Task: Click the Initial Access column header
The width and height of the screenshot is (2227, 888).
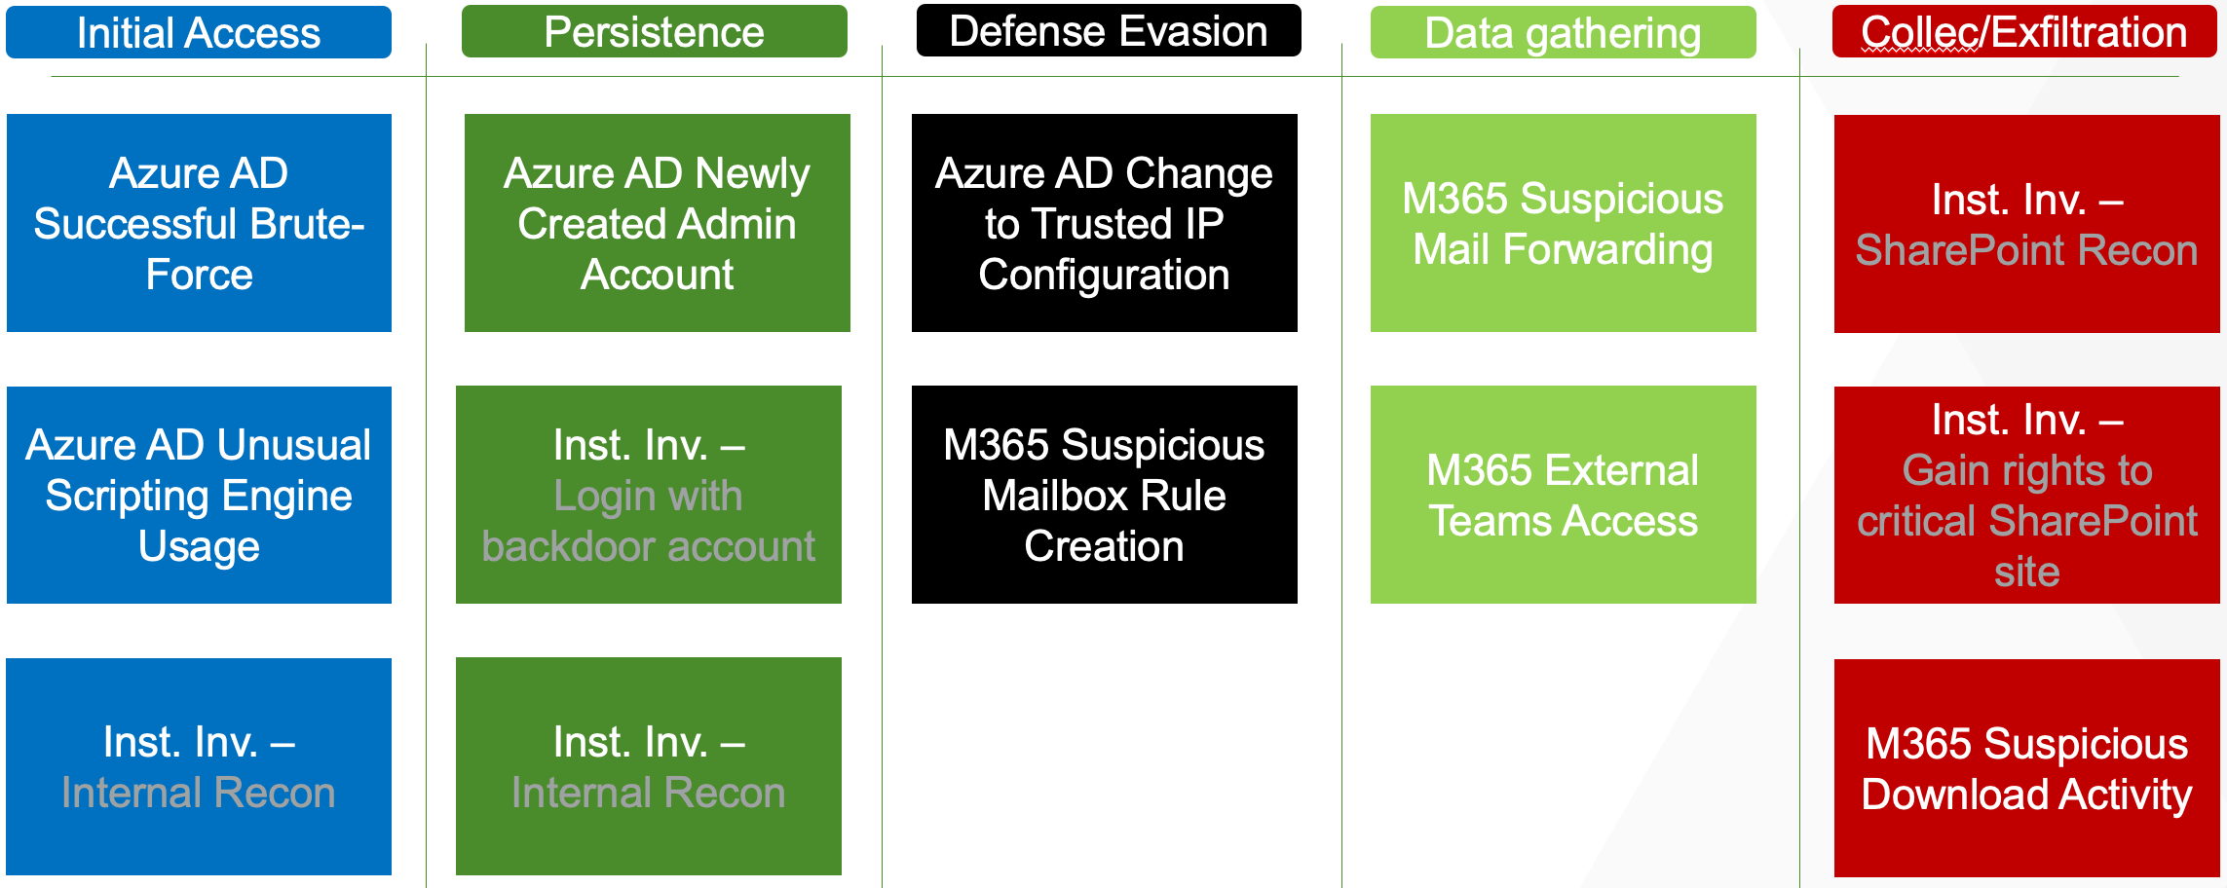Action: (199, 32)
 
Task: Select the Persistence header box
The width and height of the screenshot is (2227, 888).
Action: (654, 31)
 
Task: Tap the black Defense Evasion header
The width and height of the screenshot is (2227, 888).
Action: (1108, 30)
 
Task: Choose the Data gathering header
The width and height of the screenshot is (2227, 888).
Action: (1563, 32)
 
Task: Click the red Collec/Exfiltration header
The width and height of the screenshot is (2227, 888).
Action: (2023, 31)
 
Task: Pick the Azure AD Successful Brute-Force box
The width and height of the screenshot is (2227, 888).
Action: (199, 223)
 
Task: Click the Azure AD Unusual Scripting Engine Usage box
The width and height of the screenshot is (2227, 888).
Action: (199, 495)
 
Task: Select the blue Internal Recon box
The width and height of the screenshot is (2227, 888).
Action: (199, 766)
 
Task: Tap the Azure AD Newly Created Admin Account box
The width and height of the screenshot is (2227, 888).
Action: (657, 223)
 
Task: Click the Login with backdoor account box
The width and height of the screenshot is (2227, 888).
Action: (648, 495)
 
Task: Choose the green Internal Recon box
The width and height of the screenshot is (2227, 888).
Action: (648, 766)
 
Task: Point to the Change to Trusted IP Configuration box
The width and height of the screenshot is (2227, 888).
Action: (1104, 223)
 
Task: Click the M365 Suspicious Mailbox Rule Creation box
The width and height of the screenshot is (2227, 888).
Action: (1104, 495)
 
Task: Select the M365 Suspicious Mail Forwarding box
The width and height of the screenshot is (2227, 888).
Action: (1563, 223)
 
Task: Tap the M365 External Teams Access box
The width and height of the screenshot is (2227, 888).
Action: (1563, 495)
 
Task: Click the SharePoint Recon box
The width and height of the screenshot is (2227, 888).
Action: (2026, 224)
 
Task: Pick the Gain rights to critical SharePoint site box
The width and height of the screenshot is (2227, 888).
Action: (2026, 495)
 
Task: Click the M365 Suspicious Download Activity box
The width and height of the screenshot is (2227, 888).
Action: (2026, 768)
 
